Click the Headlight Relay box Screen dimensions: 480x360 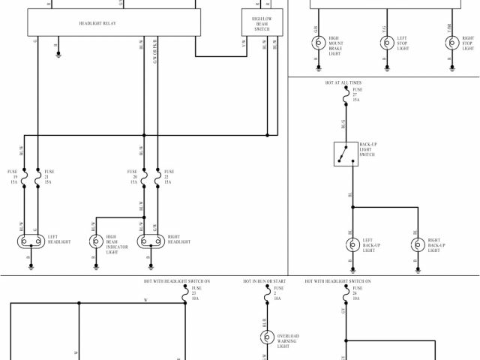(x=114, y=23)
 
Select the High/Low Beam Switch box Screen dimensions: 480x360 (x=262, y=23)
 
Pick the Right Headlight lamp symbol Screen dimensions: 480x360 (x=151, y=241)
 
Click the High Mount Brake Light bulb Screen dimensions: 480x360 (x=317, y=43)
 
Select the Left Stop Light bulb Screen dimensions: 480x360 (x=385, y=43)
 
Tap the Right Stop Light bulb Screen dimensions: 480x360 (x=452, y=43)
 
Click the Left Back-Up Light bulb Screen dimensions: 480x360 (x=352, y=244)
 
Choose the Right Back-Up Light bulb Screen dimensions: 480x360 (x=418, y=244)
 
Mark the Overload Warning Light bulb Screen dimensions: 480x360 (x=266, y=338)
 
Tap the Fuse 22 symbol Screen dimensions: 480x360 (x=157, y=178)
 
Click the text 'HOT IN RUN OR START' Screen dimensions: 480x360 (x=264, y=281)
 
